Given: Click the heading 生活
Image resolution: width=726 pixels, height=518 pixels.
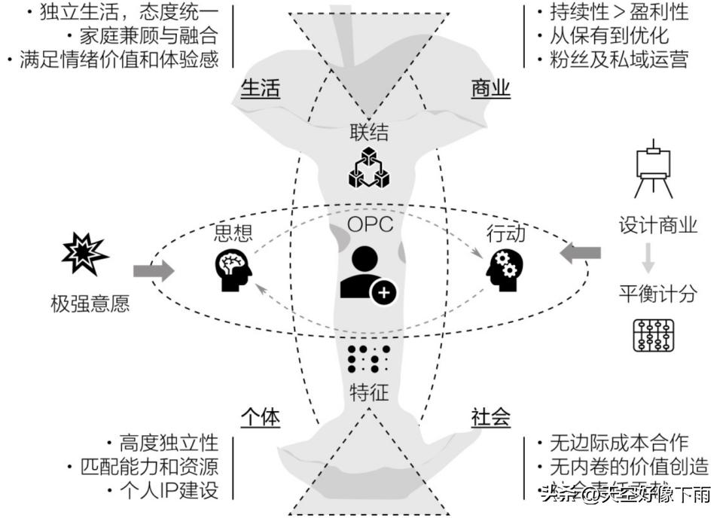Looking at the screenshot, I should (x=261, y=88).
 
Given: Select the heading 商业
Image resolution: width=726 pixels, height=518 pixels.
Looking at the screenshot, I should (x=490, y=88).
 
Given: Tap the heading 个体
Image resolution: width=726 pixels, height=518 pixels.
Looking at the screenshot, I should (x=261, y=417).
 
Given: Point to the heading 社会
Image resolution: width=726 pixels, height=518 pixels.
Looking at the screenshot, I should (x=490, y=417).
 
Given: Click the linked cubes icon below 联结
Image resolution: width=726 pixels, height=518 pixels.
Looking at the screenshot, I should (x=370, y=167).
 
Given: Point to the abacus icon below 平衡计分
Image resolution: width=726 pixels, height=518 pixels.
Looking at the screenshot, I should (x=653, y=336).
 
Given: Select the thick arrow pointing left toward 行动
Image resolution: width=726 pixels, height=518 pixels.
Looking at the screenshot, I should (x=581, y=254).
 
